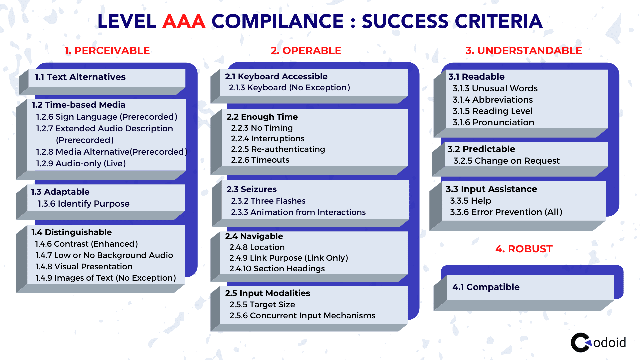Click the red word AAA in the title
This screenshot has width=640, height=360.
pos(184,22)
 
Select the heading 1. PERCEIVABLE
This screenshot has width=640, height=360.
pos(107,50)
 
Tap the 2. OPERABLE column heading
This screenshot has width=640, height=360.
pos(306,50)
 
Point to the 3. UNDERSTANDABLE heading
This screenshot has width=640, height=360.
pos(524,50)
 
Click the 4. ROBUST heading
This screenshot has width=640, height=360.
pos(524,249)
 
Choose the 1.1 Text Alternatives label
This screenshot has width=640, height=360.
pos(80,77)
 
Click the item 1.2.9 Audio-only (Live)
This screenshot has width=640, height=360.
pos(81,163)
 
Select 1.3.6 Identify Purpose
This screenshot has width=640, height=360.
pos(84,204)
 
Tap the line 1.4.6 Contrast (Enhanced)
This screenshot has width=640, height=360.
pos(87,244)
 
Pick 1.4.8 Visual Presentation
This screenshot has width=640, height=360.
pos(84,267)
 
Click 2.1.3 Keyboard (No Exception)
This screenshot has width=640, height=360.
pos(289,88)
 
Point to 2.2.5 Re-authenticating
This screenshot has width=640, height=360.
pos(278,149)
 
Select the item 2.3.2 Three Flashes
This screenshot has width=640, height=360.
pos(268,201)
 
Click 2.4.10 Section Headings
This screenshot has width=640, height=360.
pos(277,269)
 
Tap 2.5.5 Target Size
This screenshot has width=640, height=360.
pos(262,305)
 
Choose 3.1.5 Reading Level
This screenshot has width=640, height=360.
pos(493,111)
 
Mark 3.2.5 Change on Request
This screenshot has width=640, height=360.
pos(506,161)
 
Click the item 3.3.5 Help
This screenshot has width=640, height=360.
pos(471,201)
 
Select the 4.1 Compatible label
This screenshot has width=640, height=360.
pos(486,287)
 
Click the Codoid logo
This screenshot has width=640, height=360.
pos(598,342)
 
